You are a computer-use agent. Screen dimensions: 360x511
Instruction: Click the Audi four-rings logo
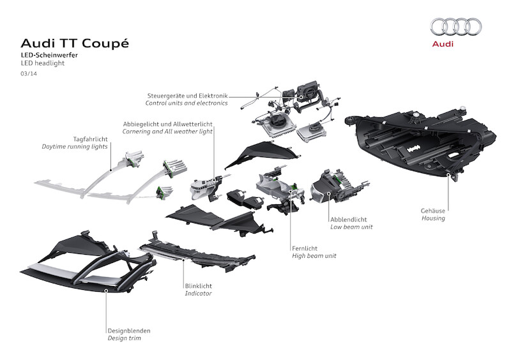pyautogui.click(x=455, y=27)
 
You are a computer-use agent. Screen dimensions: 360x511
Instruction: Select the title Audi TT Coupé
pyautogui.click(x=75, y=43)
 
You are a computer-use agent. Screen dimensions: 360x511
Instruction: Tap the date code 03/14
pyautogui.click(x=28, y=75)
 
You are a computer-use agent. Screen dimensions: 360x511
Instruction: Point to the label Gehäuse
pyautogui.click(x=434, y=211)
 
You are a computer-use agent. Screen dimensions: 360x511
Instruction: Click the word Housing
pyautogui.click(x=433, y=218)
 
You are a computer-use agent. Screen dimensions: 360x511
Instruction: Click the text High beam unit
pyautogui.click(x=314, y=256)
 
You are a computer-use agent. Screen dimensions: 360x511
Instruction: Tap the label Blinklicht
pyautogui.click(x=199, y=286)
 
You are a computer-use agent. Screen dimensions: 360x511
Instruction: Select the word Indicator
pyautogui.click(x=198, y=294)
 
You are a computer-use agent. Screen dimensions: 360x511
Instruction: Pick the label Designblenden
pyautogui.click(x=129, y=331)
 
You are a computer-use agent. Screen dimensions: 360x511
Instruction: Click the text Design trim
pyautogui.click(x=124, y=338)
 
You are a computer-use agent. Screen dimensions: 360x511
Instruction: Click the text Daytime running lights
pyautogui.click(x=75, y=147)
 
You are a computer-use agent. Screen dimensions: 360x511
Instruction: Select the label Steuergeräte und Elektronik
pyautogui.click(x=187, y=95)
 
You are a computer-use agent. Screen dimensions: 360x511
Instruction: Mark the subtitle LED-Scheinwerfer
pyautogui.click(x=50, y=56)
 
